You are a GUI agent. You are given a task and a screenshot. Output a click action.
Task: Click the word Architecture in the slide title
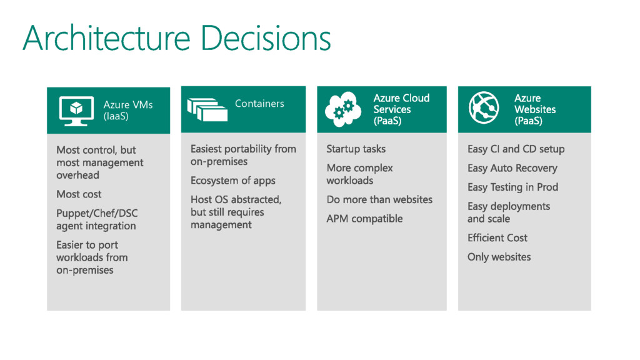pos(106,39)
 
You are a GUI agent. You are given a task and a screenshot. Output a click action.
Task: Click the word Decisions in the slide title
pos(266,39)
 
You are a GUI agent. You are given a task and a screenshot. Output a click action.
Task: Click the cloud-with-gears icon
pos(343,109)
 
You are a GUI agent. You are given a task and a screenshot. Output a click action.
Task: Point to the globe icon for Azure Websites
pos(484,109)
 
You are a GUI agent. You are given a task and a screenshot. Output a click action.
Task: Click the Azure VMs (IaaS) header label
pos(127,110)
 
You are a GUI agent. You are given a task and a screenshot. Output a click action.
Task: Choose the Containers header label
pos(259,104)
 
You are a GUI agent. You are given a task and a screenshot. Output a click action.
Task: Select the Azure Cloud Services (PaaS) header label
pos(401,109)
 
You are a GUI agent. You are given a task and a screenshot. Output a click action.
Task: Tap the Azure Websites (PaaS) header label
pos(534,109)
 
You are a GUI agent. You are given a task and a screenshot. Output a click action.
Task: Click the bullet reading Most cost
pos(79,194)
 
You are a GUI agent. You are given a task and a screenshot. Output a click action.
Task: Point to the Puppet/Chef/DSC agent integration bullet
pos(97,219)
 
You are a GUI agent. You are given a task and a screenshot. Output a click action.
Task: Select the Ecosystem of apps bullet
pos(232,181)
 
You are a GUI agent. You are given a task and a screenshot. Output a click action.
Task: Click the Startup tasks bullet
pos(356,149)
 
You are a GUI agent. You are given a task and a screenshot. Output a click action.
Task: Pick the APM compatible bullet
pos(364,219)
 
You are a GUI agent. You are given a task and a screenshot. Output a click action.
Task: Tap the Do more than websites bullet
pos(379,199)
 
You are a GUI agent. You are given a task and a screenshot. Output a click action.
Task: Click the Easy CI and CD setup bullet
pos(516,149)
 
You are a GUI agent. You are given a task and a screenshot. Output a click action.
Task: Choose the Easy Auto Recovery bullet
pos(512,168)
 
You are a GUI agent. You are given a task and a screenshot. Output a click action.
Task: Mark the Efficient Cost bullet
pos(497,237)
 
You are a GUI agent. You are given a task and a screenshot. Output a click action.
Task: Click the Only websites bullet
pos(499,257)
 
